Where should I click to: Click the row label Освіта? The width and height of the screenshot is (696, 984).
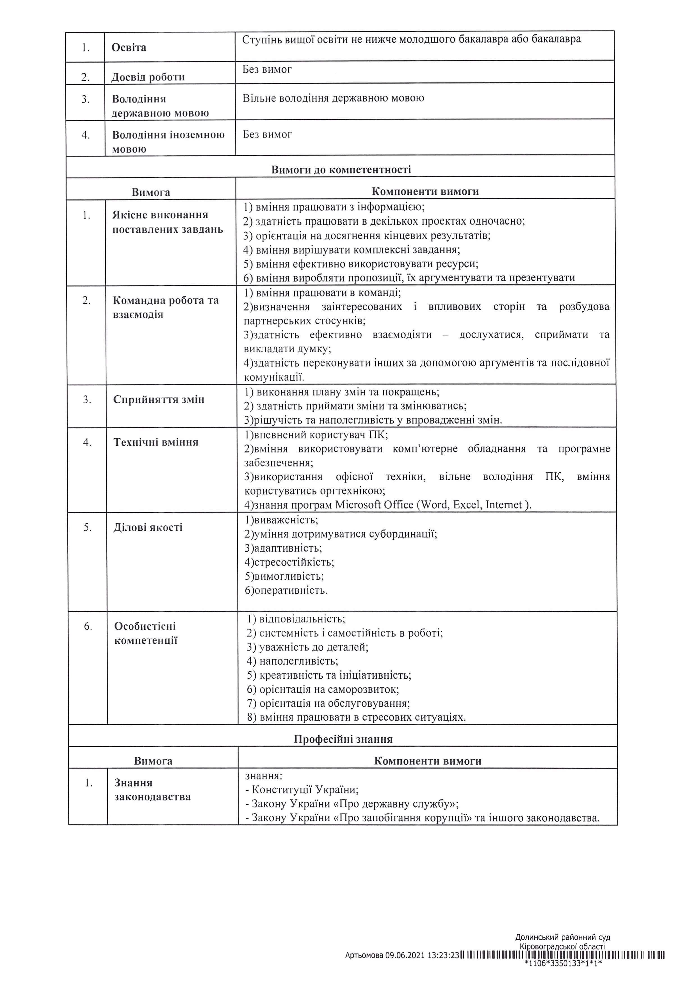129,48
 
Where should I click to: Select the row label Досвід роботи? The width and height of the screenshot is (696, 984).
148,77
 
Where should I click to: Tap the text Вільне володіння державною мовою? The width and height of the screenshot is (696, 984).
333,98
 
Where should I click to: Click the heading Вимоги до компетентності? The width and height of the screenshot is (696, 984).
341,170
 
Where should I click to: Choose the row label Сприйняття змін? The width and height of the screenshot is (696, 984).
159,399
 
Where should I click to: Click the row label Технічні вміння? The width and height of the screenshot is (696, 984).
156,442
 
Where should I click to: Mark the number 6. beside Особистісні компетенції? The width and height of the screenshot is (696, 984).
88,627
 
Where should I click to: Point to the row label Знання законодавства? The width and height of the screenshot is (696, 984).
152,790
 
